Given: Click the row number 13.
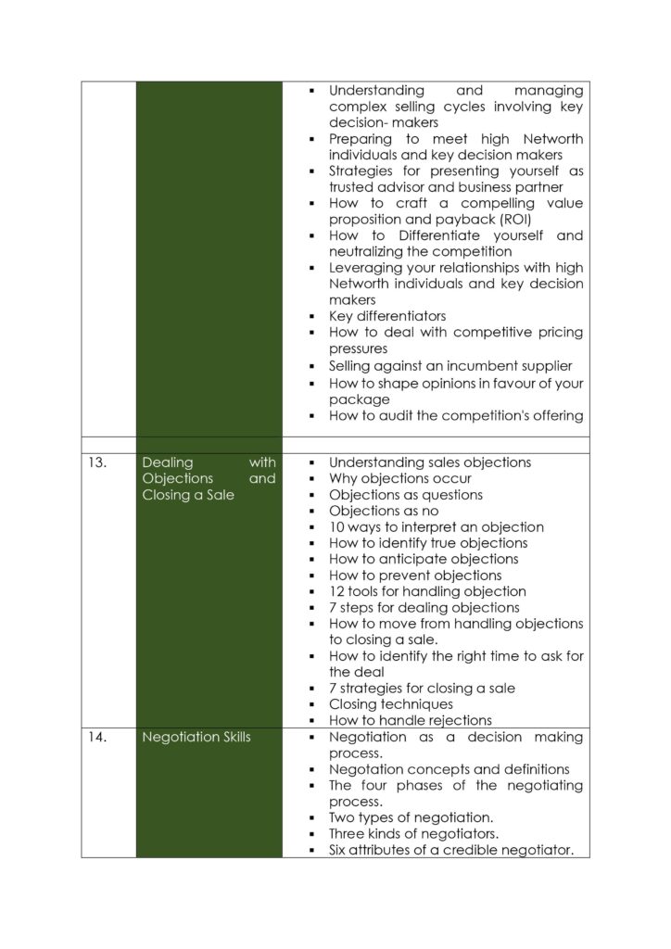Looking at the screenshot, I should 97,462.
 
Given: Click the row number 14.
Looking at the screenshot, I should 97,738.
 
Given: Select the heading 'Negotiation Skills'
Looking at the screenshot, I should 196,738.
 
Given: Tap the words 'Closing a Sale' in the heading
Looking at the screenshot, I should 188,495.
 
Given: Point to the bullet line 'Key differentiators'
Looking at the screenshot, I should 387,316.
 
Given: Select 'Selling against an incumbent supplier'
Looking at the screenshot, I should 450,365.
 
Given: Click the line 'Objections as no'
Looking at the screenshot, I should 384,511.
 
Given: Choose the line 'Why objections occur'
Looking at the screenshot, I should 400,478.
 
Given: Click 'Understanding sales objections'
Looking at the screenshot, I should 430,462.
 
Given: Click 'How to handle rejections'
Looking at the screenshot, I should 411,720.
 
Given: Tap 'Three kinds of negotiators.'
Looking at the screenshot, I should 413,834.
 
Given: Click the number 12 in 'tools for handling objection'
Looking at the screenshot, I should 336,591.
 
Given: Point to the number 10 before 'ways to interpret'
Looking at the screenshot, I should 336,527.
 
